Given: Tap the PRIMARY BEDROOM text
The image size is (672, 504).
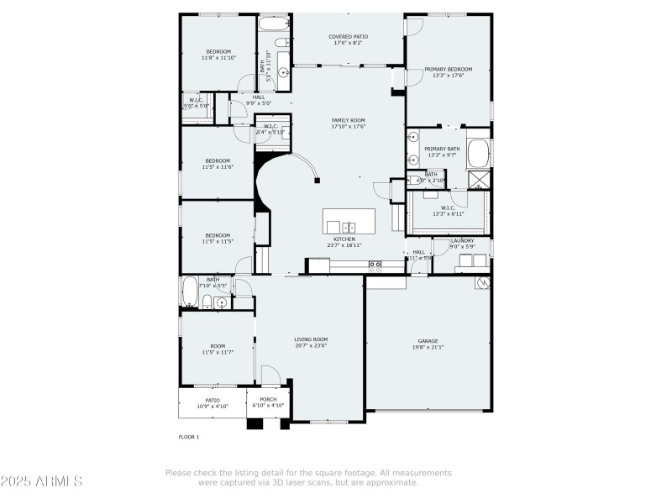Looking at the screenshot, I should point(447,70).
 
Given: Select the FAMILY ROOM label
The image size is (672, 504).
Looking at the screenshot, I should point(348,120).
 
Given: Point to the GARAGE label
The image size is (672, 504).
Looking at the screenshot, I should point(428,341).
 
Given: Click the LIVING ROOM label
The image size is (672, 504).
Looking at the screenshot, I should point(311,339).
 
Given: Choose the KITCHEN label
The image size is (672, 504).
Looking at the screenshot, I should point(344,239).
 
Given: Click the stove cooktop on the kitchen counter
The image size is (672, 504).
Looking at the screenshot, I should point(375,265).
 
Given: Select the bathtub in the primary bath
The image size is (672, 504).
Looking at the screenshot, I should point(478,155).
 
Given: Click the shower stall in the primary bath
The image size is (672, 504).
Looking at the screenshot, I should point(479,179).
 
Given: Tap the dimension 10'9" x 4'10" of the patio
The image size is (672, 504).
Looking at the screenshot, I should point(213,406).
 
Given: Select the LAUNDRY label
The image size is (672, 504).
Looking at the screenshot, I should point(462,240).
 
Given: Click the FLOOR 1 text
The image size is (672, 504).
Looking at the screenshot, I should point(188,437).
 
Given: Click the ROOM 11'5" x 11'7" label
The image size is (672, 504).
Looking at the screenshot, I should point(218,349).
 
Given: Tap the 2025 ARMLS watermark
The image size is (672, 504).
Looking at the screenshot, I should point(41,481).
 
